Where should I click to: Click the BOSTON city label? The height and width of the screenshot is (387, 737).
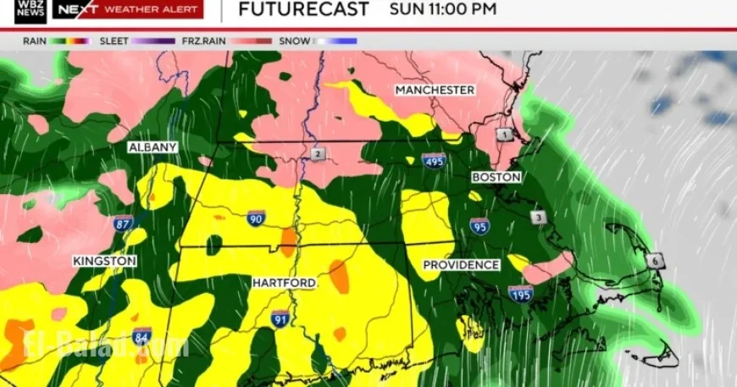496,177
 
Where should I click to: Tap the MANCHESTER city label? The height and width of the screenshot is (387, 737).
435,90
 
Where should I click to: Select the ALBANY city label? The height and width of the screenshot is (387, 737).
152,147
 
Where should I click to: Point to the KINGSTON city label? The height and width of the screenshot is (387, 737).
104,261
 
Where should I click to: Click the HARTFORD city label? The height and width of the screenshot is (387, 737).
284,282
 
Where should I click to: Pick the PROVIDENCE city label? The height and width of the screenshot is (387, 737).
461,265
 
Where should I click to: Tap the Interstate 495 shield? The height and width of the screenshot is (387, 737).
434,160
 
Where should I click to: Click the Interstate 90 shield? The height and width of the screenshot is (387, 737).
256,218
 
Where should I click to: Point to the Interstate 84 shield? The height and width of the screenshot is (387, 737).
142,335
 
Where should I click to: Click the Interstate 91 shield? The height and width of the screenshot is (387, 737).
280,319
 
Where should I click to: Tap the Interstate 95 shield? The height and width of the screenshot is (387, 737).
479,225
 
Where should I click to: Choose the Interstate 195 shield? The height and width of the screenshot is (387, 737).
521,294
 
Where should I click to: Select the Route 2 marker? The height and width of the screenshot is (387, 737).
317,154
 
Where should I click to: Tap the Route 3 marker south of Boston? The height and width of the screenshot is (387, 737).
538,218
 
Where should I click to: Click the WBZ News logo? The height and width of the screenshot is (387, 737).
30,11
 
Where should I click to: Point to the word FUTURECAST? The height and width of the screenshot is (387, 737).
303,10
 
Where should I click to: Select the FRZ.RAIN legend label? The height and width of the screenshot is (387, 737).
202,41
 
